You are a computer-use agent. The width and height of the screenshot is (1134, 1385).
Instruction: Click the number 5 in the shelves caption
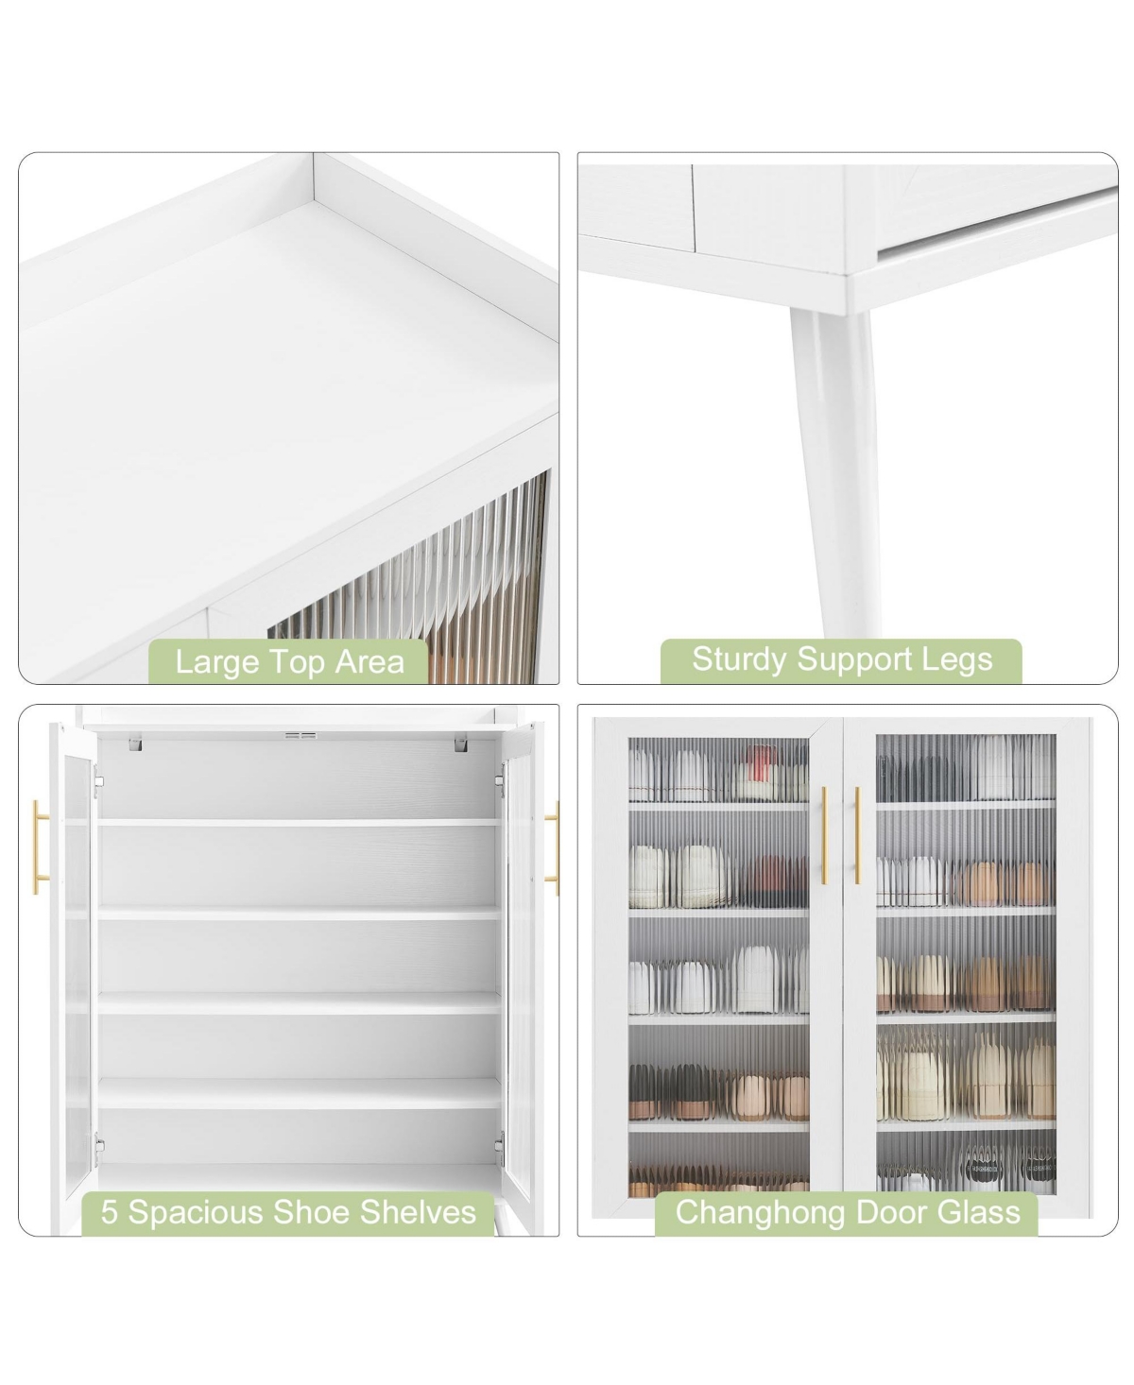109,1211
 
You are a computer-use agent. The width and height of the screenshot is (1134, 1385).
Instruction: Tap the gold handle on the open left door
40,847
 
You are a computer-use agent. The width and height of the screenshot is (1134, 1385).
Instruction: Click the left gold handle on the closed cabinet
825,834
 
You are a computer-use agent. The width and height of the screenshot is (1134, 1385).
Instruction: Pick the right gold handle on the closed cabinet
857,834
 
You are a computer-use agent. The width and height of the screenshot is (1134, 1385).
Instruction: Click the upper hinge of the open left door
98,787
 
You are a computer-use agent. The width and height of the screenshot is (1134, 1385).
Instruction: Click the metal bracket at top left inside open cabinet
135,744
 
